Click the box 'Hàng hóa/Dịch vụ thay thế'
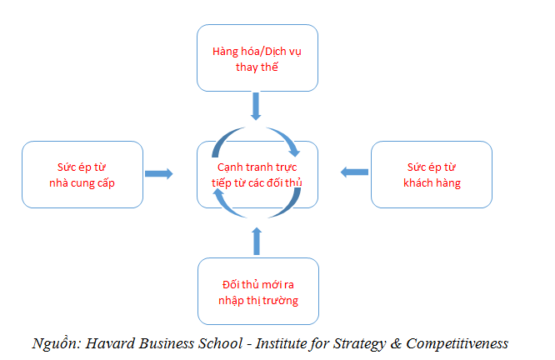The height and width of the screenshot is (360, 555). (x=257, y=58)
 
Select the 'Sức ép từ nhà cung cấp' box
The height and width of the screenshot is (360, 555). (x=82, y=174)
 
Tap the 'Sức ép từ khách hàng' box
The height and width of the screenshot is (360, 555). (x=432, y=174)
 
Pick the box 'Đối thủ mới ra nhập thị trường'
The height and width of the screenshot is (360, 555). (x=258, y=291)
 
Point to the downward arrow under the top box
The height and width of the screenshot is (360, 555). (x=256, y=106)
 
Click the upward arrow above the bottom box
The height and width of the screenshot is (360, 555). (x=257, y=241)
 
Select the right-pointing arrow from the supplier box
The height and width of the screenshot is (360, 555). (x=158, y=173)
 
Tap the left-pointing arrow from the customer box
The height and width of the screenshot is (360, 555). (x=354, y=172)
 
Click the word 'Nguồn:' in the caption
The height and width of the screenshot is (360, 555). (x=57, y=343)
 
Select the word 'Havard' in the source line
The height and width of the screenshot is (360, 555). (x=110, y=343)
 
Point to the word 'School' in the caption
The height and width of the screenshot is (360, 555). (x=220, y=343)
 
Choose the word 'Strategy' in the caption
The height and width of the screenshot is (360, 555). (x=360, y=344)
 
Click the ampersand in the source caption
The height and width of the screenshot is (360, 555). (x=396, y=343)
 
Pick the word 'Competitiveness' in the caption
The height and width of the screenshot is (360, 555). (x=457, y=344)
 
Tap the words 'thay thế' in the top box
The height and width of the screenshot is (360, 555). (x=257, y=67)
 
